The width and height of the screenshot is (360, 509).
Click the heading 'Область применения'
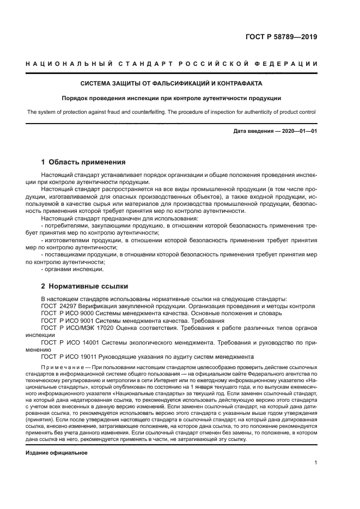tap(87, 162)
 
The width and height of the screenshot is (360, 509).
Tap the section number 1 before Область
tap(44, 162)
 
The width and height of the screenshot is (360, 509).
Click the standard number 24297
tap(68, 306)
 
